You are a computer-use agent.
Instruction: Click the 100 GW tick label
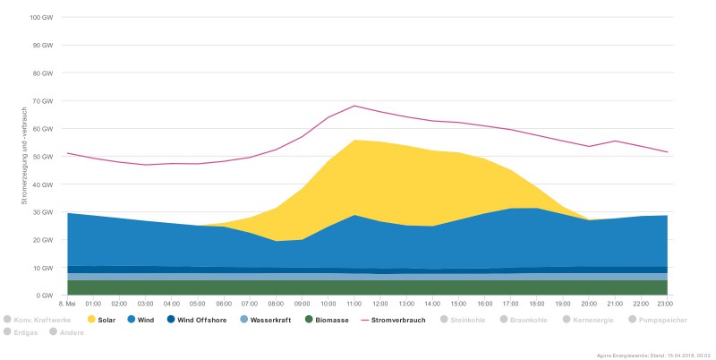(x=42, y=18)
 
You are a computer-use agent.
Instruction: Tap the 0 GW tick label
(x=46, y=296)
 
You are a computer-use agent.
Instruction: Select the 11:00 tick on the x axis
(x=355, y=304)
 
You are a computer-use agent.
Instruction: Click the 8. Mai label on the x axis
(x=68, y=304)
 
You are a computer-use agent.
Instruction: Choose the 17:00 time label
(x=512, y=304)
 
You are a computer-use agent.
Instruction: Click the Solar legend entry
(x=100, y=319)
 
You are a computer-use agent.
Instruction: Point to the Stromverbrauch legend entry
(x=397, y=319)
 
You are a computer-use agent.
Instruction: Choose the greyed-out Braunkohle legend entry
(x=524, y=319)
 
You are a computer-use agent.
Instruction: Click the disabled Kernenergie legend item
(x=591, y=319)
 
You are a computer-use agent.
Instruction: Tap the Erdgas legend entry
(x=20, y=331)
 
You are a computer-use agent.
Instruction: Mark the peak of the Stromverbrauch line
(x=355, y=106)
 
